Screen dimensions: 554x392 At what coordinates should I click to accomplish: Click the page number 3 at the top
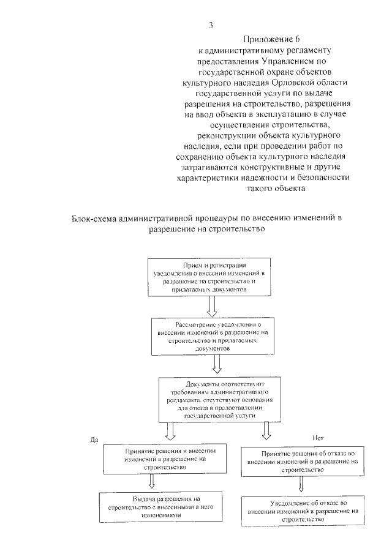[x=211, y=25]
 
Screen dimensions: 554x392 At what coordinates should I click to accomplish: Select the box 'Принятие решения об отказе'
[x=301, y=461]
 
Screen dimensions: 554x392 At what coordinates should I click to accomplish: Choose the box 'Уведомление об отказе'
[x=301, y=510]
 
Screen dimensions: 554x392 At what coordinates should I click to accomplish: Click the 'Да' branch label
[x=94, y=439]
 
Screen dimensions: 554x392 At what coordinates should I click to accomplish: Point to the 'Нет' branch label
[x=317, y=439]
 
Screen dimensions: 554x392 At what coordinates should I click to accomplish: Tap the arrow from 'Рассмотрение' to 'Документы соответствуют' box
[x=216, y=365]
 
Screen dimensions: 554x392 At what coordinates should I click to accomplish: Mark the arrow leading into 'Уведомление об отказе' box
[x=301, y=485]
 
